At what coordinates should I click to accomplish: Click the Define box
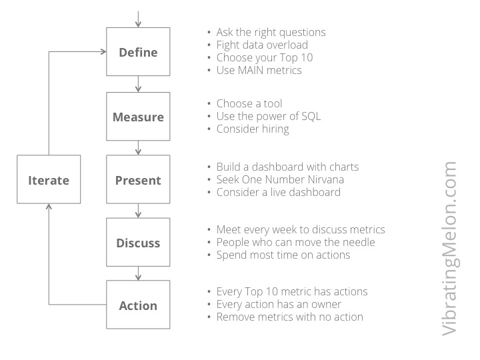click(x=138, y=52)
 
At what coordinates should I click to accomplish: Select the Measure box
click(x=138, y=117)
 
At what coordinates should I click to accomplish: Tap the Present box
click(x=138, y=180)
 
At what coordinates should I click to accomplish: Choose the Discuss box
click(x=138, y=243)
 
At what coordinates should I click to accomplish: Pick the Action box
click(x=138, y=305)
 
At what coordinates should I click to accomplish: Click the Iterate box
click(x=49, y=180)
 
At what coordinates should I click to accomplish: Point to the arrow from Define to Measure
click(x=138, y=84)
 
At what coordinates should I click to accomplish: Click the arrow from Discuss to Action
click(x=138, y=274)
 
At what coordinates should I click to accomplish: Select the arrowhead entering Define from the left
click(x=103, y=52)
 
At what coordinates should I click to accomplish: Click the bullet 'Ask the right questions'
click(x=271, y=33)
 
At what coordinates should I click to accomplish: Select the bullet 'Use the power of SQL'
click(x=268, y=116)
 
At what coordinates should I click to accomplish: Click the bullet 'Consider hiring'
click(x=253, y=129)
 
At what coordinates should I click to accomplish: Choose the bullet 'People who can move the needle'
click(x=294, y=242)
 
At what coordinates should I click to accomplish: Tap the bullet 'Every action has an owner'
click(x=279, y=304)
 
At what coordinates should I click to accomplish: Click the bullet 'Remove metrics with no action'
click(x=289, y=317)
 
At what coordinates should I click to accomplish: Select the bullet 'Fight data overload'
click(x=262, y=45)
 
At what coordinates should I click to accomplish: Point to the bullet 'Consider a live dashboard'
click(x=278, y=192)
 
